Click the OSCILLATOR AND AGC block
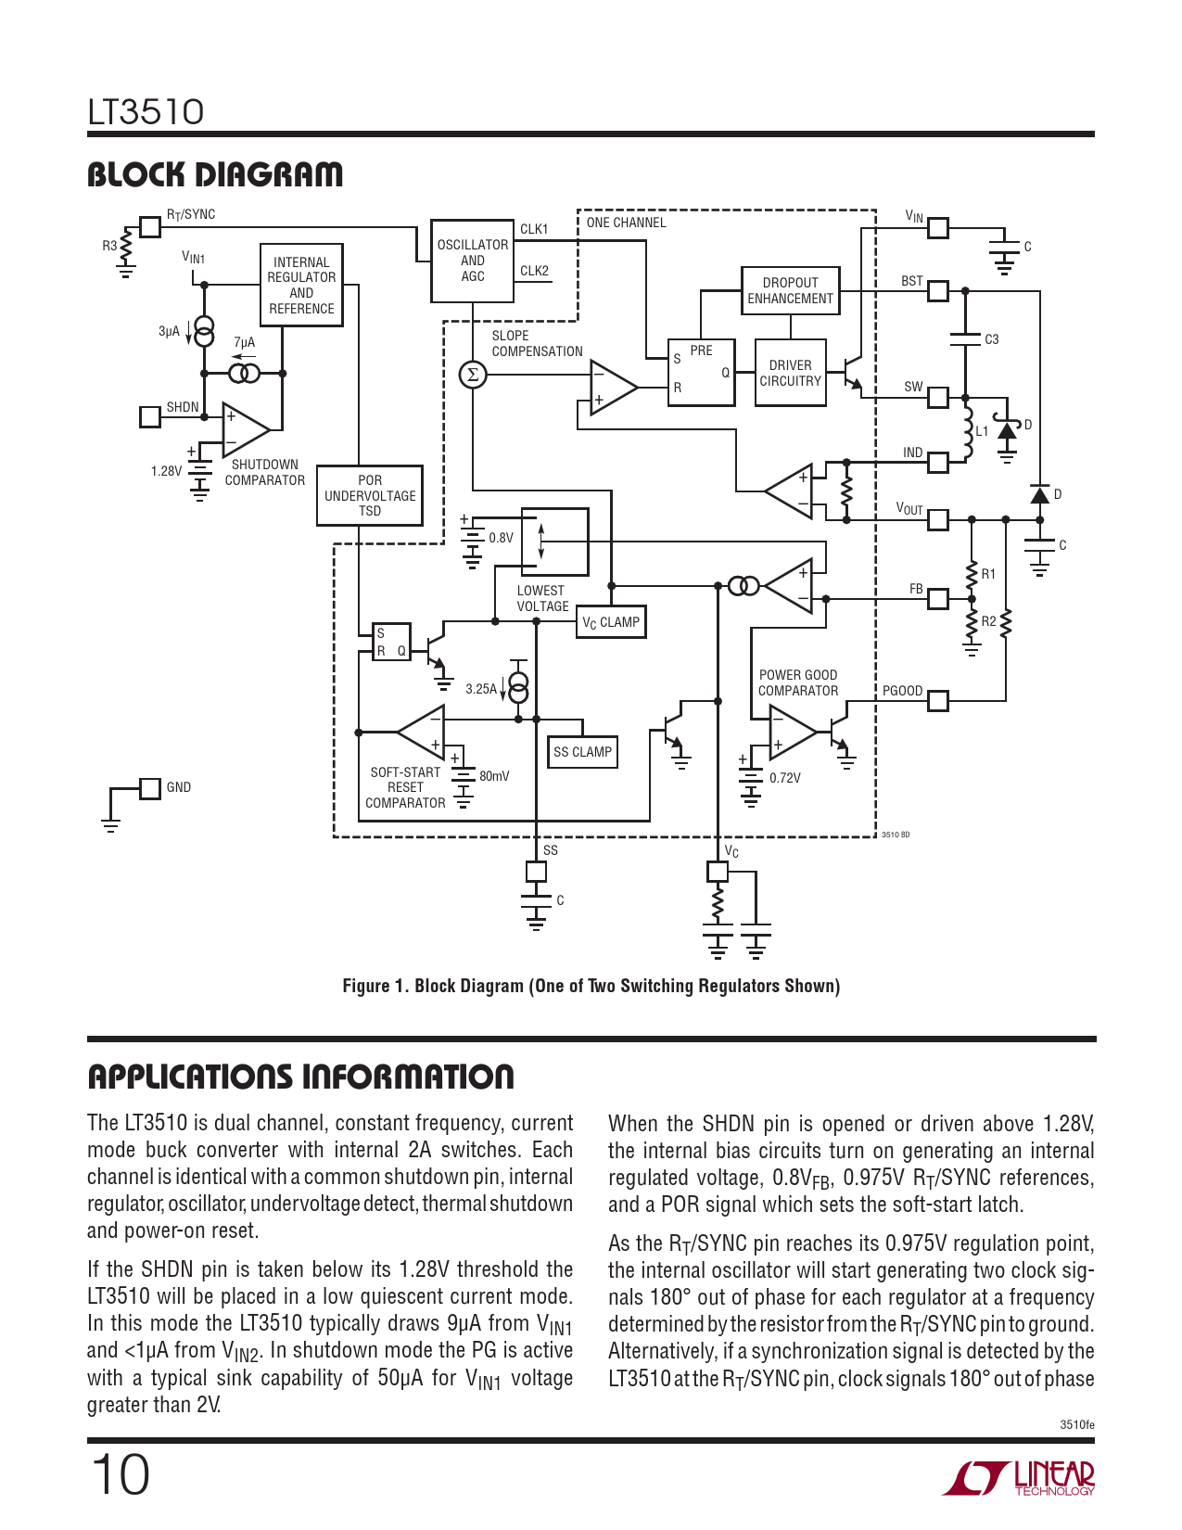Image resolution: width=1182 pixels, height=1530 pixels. [x=472, y=261]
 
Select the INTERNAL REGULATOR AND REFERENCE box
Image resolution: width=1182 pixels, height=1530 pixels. [x=301, y=286]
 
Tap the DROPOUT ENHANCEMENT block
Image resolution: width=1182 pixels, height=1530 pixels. [x=790, y=291]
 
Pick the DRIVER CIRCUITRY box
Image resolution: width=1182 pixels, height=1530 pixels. [x=790, y=374]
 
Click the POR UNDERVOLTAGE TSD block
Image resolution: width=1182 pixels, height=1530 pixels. [x=370, y=495]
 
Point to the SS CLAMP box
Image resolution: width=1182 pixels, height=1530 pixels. [x=582, y=752]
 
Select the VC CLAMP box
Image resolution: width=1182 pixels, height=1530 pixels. [x=611, y=622]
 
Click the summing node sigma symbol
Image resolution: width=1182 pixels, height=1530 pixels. [x=473, y=375]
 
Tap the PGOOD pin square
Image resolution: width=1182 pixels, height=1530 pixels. [x=938, y=700]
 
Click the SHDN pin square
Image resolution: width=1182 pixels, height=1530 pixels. [x=149, y=416]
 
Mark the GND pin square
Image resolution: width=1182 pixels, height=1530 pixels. [x=150, y=788]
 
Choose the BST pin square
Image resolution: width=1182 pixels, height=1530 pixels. [x=938, y=291]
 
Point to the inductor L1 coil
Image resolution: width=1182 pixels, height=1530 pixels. [x=967, y=432]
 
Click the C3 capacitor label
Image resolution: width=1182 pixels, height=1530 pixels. [x=992, y=339]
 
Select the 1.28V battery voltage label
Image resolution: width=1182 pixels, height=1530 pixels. [x=166, y=471]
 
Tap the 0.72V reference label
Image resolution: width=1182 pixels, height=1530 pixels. [x=784, y=778]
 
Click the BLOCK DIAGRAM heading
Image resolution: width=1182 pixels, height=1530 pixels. [x=215, y=174]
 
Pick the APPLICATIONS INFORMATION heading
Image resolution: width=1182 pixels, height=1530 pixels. [x=300, y=1077]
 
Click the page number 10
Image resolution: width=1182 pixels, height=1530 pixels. [x=120, y=1474]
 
